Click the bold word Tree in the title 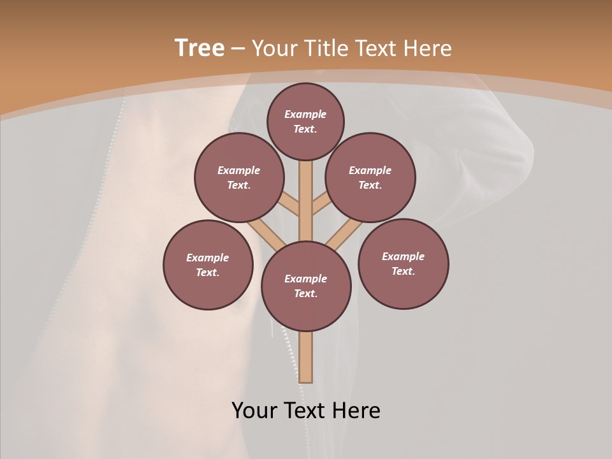click(x=200, y=48)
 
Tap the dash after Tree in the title click(x=237, y=48)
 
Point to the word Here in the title click(x=428, y=48)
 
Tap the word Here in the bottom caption click(x=357, y=411)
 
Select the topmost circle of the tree click(x=305, y=121)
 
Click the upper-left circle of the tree click(x=239, y=177)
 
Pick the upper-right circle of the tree click(x=370, y=177)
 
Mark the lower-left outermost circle click(x=208, y=265)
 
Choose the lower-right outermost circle click(x=403, y=263)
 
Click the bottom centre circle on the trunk click(x=306, y=286)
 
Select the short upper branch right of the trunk click(x=321, y=204)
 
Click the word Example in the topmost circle click(x=305, y=114)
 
